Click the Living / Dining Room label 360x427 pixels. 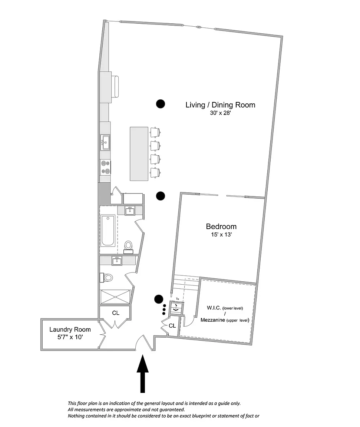tap(220, 105)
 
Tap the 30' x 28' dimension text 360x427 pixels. tap(220, 113)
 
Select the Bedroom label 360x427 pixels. tap(221, 226)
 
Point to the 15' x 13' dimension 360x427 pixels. tap(221, 235)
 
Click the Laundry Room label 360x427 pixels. tap(70, 330)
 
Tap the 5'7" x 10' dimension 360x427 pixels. tap(70, 337)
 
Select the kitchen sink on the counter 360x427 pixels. tap(105, 142)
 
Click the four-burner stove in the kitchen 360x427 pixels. tap(105, 167)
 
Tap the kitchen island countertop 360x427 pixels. tap(139, 153)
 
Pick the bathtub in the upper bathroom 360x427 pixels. tap(108, 231)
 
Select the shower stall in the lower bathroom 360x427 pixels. tap(115, 297)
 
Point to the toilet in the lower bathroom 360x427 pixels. tap(106, 278)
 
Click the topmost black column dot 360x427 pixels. tap(161, 104)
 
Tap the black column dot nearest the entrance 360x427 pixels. tap(159, 299)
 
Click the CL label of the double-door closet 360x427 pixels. tap(116, 313)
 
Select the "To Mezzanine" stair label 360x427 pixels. tap(178, 301)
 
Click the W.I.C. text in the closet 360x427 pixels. tap(214, 308)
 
